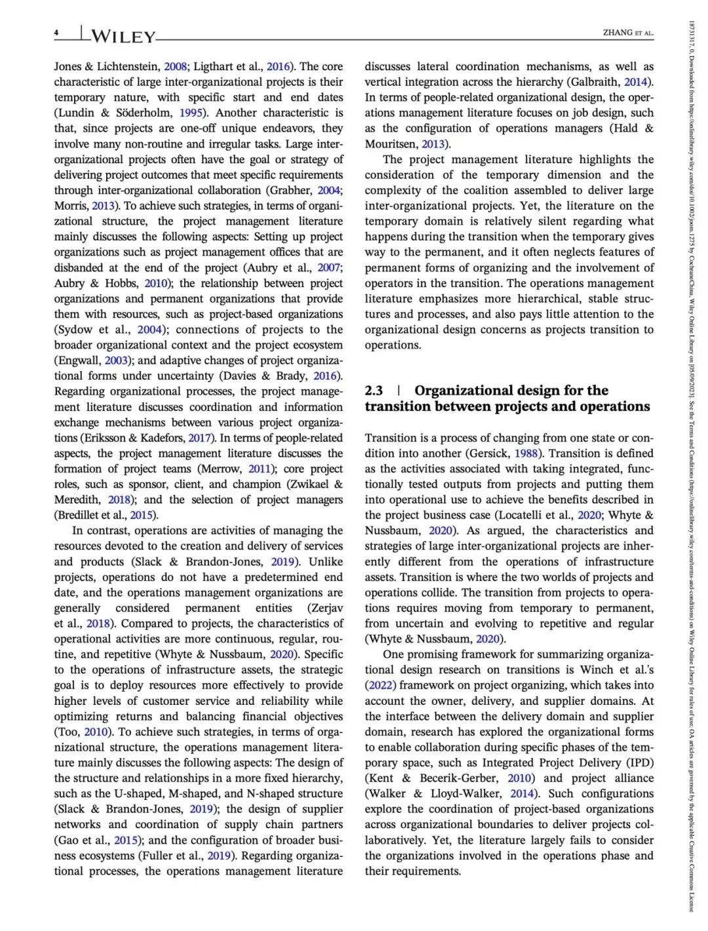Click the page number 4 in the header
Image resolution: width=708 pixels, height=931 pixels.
click(x=57, y=33)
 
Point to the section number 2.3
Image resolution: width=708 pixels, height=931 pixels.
click(x=374, y=391)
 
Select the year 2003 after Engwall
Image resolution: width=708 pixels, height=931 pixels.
click(x=118, y=360)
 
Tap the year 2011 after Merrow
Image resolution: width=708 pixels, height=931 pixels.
click(x=262, y=469)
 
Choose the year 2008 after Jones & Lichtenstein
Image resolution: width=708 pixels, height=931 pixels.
click(x=176, y=66)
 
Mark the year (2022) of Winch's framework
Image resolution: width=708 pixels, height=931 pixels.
click(x=381, y=685)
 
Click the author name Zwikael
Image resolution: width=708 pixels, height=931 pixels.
click(x=311, y=484)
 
